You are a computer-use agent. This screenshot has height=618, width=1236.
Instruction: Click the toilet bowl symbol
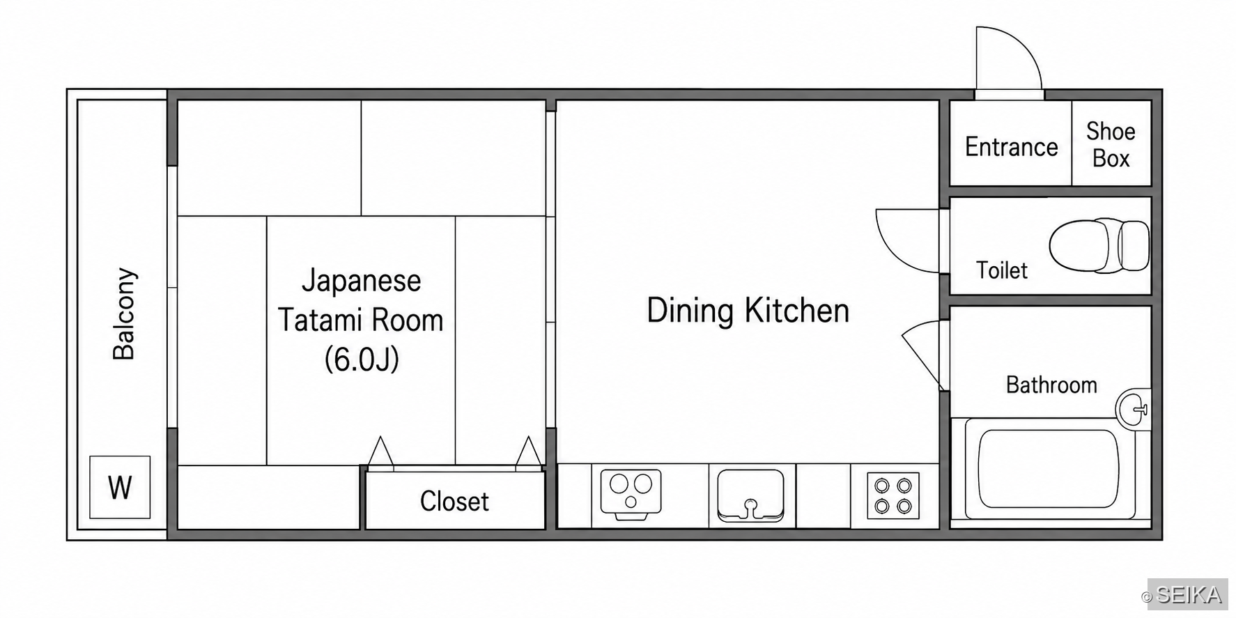coord(1099,245)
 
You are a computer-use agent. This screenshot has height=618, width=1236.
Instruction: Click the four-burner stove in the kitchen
coord(893,496)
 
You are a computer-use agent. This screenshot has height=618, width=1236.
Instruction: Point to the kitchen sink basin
coord(750,495)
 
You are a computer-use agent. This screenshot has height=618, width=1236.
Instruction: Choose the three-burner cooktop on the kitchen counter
coord(631,494)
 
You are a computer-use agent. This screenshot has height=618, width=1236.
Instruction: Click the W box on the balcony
coord(120,487)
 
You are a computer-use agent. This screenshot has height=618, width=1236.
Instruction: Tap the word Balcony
coord(124,314)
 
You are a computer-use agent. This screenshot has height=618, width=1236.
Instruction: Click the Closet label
coord(454,501)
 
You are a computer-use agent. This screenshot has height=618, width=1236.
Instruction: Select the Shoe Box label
coord(1111,144)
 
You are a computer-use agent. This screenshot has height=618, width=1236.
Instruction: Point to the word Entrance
coord(1011,147)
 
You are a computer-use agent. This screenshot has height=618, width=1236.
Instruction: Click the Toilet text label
coord(1002,270)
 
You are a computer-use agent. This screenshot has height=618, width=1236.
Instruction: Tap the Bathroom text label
coord(1051,385)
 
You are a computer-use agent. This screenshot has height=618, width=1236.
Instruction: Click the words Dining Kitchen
coord(748,311)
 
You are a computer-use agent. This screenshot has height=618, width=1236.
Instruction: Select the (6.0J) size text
coord(362,360)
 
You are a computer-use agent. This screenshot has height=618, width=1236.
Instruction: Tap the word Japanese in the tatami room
coord(361,280)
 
